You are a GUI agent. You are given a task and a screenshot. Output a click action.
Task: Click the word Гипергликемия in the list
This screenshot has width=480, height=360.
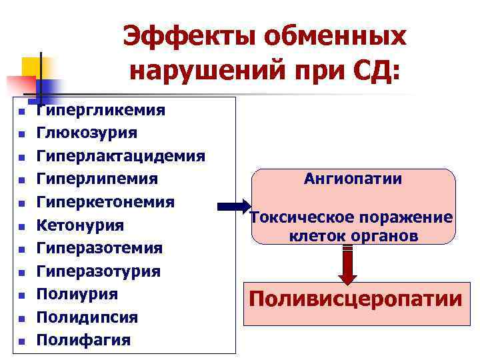(x=101, y=110)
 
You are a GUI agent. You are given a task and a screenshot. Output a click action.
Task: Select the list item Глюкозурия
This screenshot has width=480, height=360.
(x=87, y=133)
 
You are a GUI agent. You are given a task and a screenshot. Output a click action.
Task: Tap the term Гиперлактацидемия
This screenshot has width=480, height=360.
(x=121, y=156)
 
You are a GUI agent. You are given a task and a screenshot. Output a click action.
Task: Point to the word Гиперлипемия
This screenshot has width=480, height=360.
(x=97, y=179)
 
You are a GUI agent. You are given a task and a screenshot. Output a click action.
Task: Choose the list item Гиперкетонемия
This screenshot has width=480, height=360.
(x=105, y=202)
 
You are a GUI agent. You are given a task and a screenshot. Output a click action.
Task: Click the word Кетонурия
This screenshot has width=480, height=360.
(x=80, y=225)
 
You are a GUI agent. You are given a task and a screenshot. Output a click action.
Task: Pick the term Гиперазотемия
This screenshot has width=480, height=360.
(x=99, y=248)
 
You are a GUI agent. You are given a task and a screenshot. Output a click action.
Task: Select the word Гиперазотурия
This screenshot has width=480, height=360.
(x=98, y=271)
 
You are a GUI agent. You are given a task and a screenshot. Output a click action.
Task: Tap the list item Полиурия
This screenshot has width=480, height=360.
(x=77, y=294)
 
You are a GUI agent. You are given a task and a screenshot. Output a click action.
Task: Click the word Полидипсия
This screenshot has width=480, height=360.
(x=87, y=317)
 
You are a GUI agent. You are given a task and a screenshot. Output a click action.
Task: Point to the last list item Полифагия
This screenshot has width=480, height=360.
(x=83, y=340)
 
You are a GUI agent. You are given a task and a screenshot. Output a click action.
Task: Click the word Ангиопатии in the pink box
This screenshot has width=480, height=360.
(x=353, y=179)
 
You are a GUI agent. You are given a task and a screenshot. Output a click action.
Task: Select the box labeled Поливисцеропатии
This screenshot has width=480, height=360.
(x=355, y=299)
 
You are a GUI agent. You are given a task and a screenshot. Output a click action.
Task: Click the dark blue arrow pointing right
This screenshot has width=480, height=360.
(x=233, y=206)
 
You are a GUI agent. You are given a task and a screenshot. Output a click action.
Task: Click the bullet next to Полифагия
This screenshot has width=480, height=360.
(x=21, y=341)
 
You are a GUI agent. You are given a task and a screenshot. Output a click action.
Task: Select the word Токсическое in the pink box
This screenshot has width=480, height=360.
(x=298, y=218)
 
